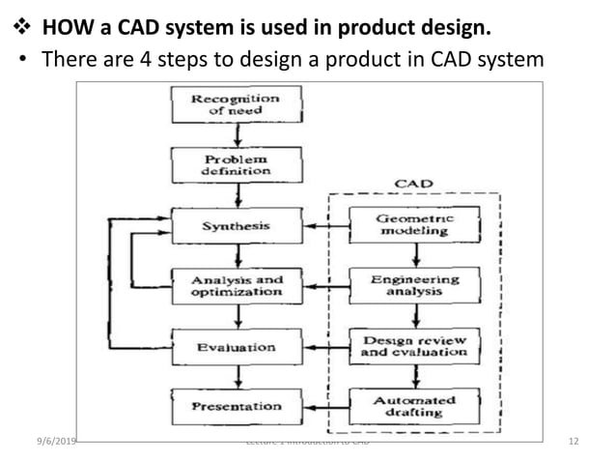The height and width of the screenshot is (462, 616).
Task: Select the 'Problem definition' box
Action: pyautogui.click(x=236, y=164)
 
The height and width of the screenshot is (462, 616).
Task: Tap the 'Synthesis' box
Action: pyautogui.click(x=236, y=226)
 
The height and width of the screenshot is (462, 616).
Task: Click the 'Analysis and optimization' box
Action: pyautogui.click(x=236, y=286)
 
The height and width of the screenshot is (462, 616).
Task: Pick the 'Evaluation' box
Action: pyautogui.click(x=236, y=346)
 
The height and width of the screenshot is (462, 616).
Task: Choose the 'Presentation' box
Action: pyautogui.click(x=236, y=406)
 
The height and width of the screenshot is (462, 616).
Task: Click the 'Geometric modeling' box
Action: pyautogui.click(x=412, y=225)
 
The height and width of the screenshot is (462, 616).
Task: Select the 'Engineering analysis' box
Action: pyautogui.click(x=413, y=285)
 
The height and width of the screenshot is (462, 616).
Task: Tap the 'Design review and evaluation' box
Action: pyautogui.click(x=413, y=346)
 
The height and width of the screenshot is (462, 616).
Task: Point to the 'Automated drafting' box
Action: pyautogui.click(x=413, y=406)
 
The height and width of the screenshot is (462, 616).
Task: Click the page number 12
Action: pyautogui.click(x=574, y=442)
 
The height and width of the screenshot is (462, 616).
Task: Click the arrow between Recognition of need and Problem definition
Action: pyautogui.click(x=236, y=135)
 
